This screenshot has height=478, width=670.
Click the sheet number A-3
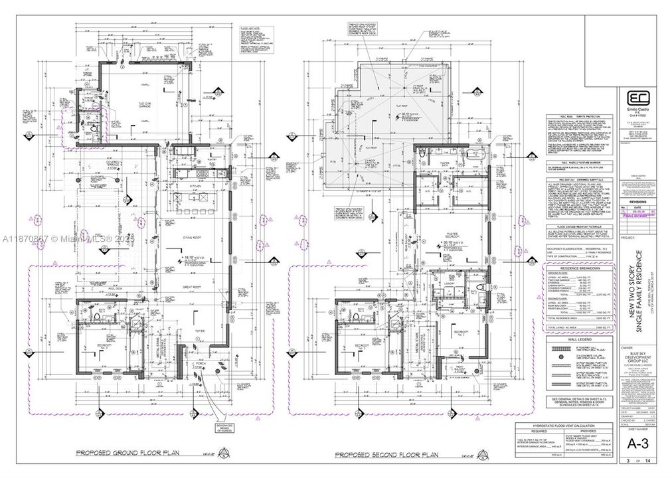pos(633,442)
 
